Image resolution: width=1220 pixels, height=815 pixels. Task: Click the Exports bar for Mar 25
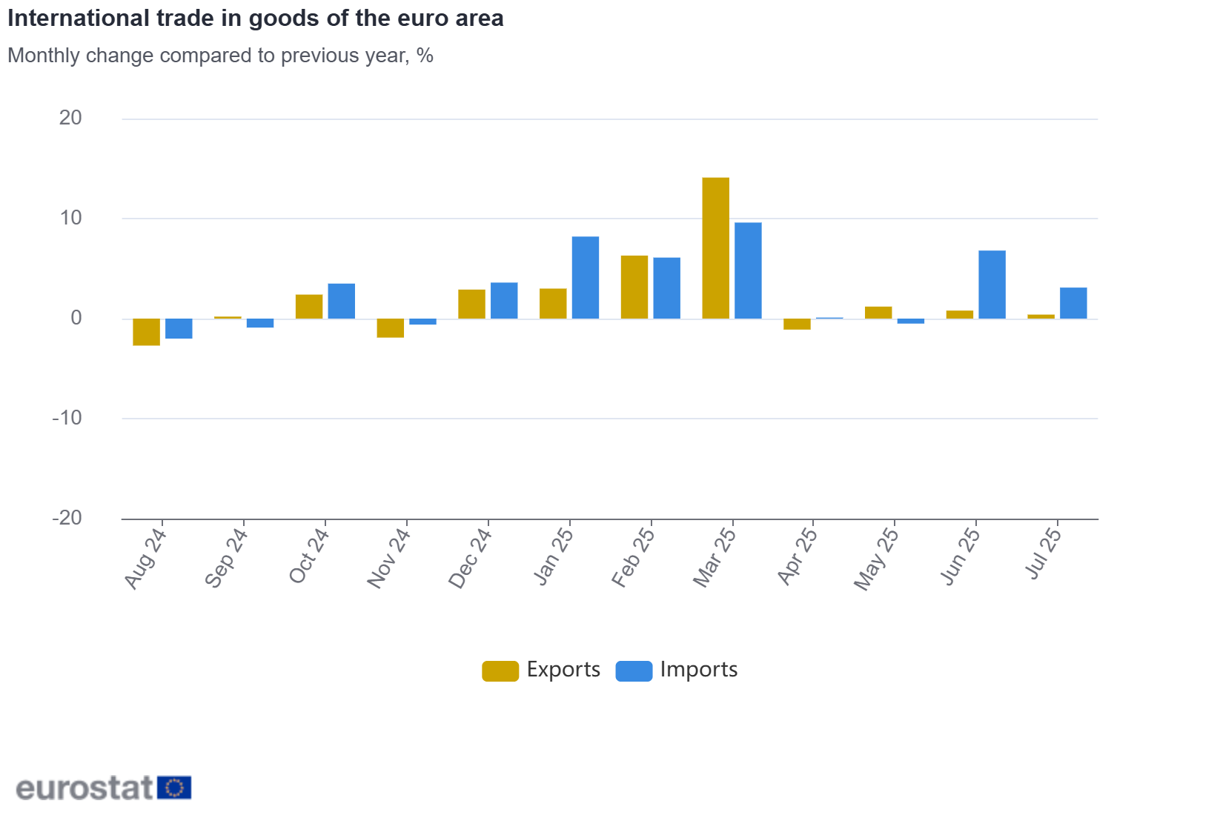pos(715,248)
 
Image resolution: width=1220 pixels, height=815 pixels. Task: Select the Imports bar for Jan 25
pos(586,278)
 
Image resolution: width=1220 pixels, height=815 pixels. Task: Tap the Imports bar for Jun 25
pos(992,285)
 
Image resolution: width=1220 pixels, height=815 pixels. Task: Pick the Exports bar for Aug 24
pos(146,332)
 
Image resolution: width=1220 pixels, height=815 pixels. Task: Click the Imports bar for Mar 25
pos(748,270)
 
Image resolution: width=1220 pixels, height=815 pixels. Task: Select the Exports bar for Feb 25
pos(634,287)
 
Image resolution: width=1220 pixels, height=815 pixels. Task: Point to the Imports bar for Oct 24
pos(342,302)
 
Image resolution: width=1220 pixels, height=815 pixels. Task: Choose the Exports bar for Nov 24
pos(391,328)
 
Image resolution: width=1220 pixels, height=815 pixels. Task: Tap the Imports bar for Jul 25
pos(1073,303)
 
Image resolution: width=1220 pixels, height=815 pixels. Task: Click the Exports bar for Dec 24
pos(471,305)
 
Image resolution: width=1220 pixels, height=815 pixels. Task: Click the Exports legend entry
pos(541,670)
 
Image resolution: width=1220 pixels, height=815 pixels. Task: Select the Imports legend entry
pos(677,670)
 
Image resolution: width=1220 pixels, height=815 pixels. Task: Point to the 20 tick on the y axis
pos(70,118)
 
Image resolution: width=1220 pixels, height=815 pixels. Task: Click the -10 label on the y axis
pos(67,418)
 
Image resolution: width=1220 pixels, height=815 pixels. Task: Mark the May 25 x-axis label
pos(876,559)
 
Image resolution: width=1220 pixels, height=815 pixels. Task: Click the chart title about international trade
pos(256,19)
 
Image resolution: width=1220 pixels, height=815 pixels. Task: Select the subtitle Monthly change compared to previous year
pos(220,56)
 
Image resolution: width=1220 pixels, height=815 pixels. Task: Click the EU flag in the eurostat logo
pos(174,788)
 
